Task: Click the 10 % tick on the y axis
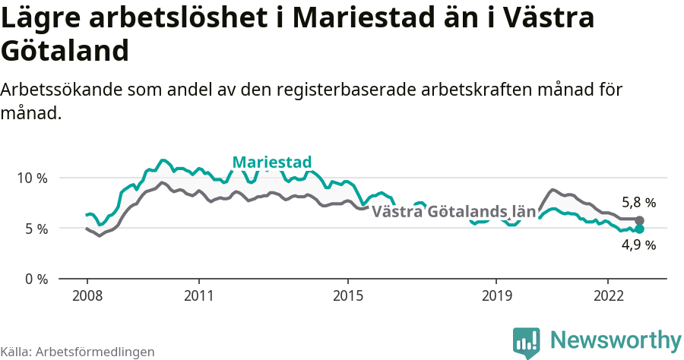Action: coord(31,178)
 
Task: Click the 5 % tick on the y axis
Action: coord(34,229)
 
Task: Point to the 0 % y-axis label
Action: coord(34,279)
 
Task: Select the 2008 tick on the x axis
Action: coord(87,295)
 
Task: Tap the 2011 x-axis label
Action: coord(198,295)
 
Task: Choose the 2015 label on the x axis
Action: coord(347,295)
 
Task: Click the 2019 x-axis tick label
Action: coord(496,295)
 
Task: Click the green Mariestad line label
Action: coord(271,162)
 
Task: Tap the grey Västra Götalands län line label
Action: coord(454,212)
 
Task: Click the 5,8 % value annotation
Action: coord(638,203)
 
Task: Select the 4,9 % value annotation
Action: coord(638,245)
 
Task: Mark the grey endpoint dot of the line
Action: coord(639,220)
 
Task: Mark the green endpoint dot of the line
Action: coord(639,229)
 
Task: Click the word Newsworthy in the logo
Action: coord(616,339)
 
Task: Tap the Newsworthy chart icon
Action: coord(527,343)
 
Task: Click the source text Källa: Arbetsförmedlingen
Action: coord(78,352)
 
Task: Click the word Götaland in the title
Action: coord(64,51)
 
